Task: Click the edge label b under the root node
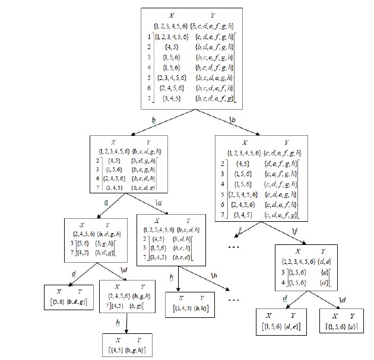[154, 120]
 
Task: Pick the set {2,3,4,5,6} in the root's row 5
[174, 78]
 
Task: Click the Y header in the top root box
[213, 15]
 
